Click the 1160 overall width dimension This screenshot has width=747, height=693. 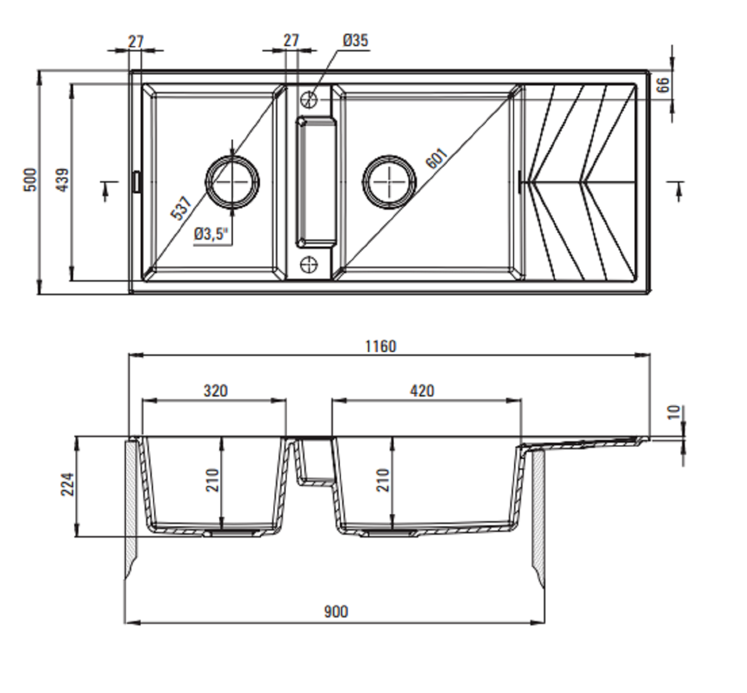coord(381,346)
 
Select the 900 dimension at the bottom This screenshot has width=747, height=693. coord(336,612)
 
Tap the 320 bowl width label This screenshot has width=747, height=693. coord(216,390)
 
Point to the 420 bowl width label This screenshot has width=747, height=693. coord(422,390)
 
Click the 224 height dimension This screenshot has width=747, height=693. coord(68,484)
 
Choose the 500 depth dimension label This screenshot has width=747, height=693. coord(30,180)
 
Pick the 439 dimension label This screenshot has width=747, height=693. coord(62,180)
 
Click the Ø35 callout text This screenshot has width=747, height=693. coord(355,41)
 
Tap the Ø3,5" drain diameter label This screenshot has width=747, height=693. coord(212,233)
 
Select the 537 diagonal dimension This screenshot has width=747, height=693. coord(182,208)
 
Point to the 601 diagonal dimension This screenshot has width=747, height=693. coord(437,158)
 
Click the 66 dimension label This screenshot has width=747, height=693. coord(663,85)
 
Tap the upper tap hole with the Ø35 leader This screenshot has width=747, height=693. coord(309,99)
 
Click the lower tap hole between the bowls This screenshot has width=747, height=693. coord(309,265)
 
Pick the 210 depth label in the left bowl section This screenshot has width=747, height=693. coord(212,480)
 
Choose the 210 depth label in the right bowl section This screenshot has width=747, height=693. coord(383,480)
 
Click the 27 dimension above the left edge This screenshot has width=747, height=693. coord(135,42)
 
